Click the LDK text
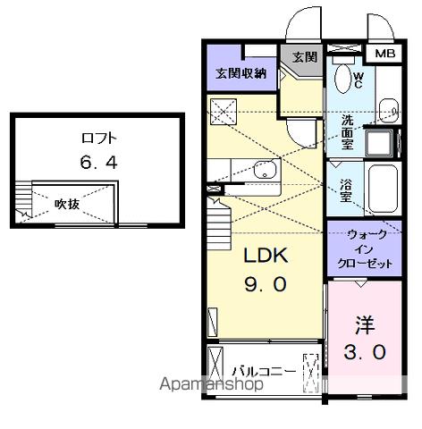click(x=266, y=257)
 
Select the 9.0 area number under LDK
click(x=266, y=285)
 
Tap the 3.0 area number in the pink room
click(x=365, y=352)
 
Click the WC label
click(x=356, y=80)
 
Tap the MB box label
click(x=385, y=55)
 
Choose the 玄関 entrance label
click(x=304, y=57)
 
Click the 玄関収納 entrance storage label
click(x=240, y=73)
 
